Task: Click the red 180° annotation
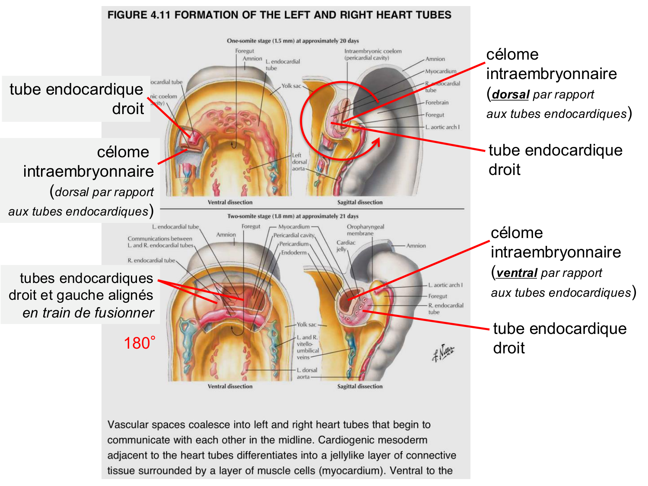pyautogui.click(x=140, y=343)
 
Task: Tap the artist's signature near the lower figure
pyautogui.click(x=443, y=353)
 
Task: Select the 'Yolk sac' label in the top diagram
pyautogui.click(x=291, y=86)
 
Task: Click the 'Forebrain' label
pyautogui.click(x=437, y=102)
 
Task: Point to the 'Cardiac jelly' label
pyautogui.click(x=346, y=246)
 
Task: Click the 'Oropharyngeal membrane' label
pyautogui.click(x=365, y=230)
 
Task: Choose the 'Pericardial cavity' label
pyautogui.click(x=294, y=235)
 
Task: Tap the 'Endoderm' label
pyautogui.click(x=294, y=253)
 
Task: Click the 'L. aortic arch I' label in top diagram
pyautogui.click(x=442, y=127)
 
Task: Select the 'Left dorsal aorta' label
pyautogui.click(x=299, y=162)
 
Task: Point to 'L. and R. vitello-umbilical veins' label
pyautogui.click(x=308, y=347)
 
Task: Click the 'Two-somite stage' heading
pyautogui.click(x=292, y=216)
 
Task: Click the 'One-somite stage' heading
pyautogui.click(x=292, y=41)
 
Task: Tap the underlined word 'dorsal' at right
pyautogui.click(x=511, y=95)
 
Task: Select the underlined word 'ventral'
pyautogui.click(x=517, y=273)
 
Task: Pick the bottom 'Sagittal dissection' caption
pyautogui.click(x=360, y=386)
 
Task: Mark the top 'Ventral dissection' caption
pyautogui.click(x=230, y=202)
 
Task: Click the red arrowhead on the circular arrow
pyautogui.click(x=376, y=143)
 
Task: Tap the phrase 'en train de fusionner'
pyautogui.click(x=88, y=312)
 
